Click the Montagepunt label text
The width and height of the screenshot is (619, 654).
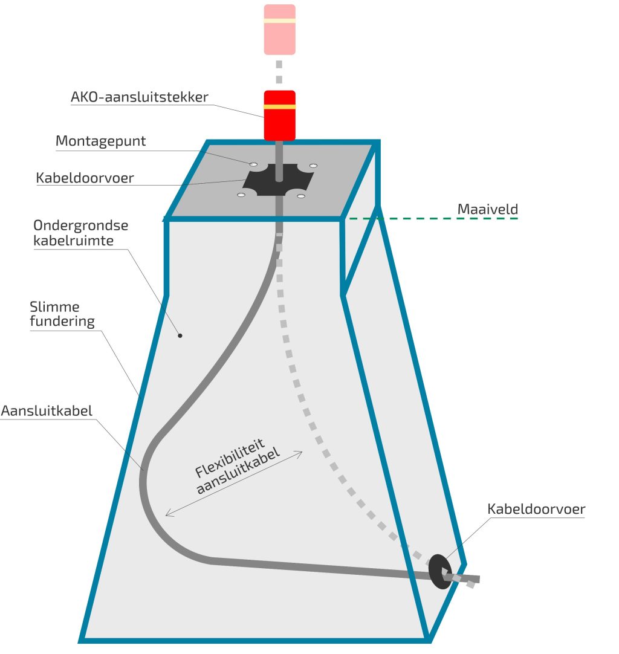tap(100, 141)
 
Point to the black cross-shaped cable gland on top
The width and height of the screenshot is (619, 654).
tap(278, 180)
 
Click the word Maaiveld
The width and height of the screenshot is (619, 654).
tap(487, 209)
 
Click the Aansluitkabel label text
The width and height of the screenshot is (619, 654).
tap(47, 411)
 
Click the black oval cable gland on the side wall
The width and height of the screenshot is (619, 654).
tap(439, 569)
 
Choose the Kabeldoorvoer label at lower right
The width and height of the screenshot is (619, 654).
tap(536, 509)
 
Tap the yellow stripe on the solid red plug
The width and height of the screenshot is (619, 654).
tap(279, 107)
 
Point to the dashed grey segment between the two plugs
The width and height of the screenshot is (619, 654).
tap(279, 72)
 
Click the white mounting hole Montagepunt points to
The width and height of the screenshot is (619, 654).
tap(254, 164)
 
